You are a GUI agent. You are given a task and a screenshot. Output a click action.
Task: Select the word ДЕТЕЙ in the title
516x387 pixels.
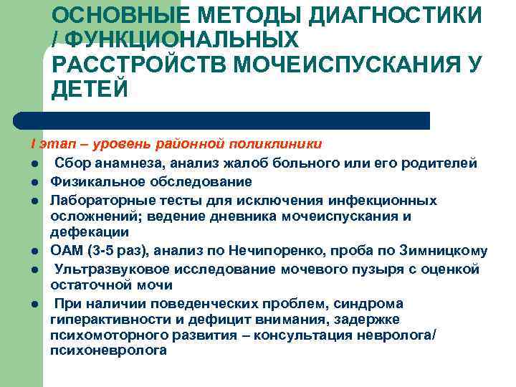[89, 88]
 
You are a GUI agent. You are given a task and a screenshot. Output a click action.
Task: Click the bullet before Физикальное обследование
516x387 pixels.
[34, 181]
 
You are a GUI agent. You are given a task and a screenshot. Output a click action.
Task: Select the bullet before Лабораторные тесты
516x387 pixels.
[34, 199]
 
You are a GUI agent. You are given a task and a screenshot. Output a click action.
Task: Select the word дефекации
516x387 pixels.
[90, 232]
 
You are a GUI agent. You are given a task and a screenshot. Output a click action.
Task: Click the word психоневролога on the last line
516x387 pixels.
[109, 350]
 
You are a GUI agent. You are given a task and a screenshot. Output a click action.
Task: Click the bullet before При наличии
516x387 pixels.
[34, 302]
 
